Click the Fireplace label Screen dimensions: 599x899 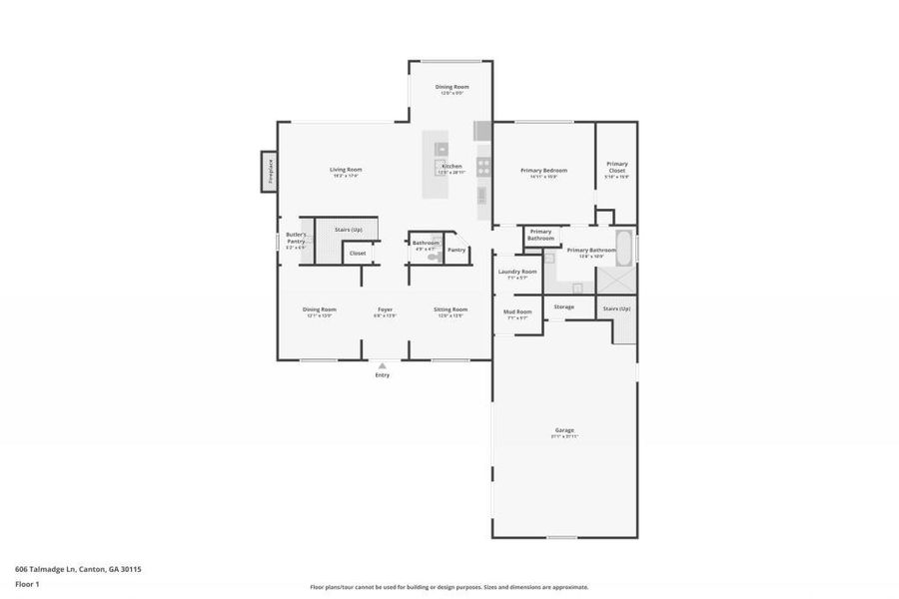coord(269,172)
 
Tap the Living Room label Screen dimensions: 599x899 coord(346,170)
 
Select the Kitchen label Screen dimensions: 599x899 coord(451,166)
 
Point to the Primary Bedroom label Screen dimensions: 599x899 coord(544,171)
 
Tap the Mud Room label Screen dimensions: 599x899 coord(517,311)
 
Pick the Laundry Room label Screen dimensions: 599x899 coord(517,272)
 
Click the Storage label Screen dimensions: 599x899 coord(564,306)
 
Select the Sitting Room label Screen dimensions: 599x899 coord(450,309)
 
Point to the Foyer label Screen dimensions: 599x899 coord(385,309)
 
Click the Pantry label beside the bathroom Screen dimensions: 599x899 coord(456,250)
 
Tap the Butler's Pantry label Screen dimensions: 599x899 coord(296,238)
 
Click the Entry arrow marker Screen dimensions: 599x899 coord(383,365)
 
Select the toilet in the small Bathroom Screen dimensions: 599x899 coord(433,258)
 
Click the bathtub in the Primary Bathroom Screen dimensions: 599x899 coord(624,248)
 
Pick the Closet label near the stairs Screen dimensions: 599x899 coord(357,254)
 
